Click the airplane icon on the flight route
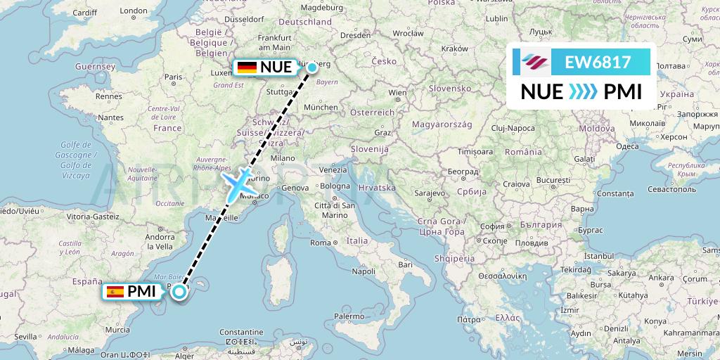click(240, 182)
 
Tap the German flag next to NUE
click(247, 67)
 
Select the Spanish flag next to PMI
click(115, 291)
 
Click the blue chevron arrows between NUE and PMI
click(581, 92)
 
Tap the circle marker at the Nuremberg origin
click(311, 67)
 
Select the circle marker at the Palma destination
click(180, 292)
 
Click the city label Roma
click(319, 243)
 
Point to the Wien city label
click(397, 92)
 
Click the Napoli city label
click(363, 270)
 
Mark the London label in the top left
click(133, 11)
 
